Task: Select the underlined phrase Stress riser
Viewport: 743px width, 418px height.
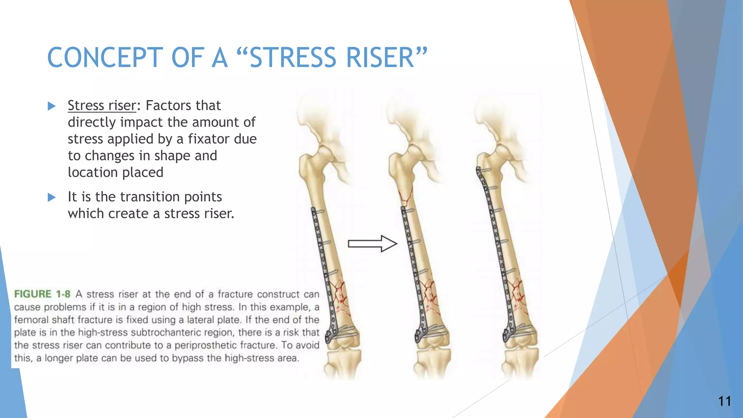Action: tap(102, 106)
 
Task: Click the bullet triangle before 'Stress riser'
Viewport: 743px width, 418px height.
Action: tap(52, 106)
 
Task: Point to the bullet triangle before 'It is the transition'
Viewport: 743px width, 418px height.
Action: tap(52, 197)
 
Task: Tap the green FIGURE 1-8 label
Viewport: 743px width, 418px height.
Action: tap(42, 294)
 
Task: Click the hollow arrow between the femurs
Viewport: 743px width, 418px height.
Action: tap(372, 243)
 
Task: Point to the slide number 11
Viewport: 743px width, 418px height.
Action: tap(724, 401)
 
